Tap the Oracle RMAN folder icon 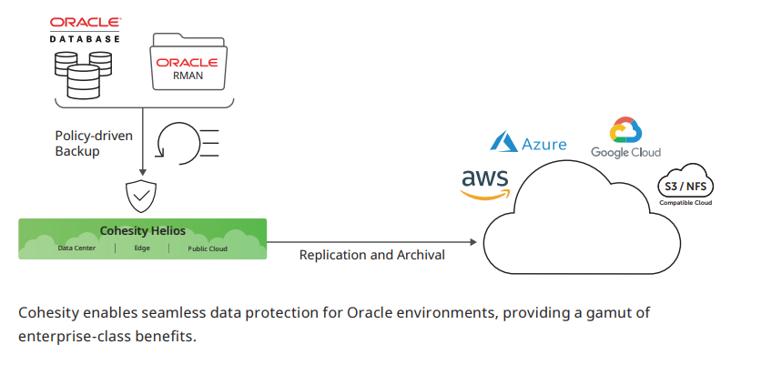pos(187,64)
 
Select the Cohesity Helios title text pos(142,231)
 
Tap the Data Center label pos(77,248)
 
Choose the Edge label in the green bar pos(142,248)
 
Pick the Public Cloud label pos(208,248)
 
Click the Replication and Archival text pos(372,255)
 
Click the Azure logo pos(529,143)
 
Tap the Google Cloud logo pos(625,139)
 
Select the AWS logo pos(485,183)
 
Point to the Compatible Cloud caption pos(686,202)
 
